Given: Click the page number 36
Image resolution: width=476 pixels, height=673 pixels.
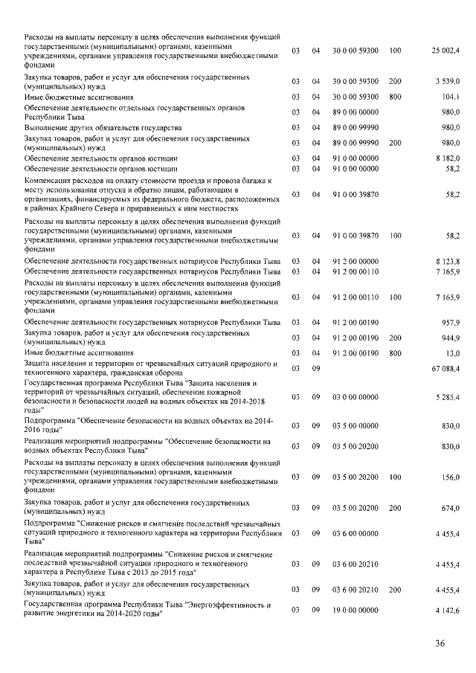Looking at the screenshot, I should (440, 643).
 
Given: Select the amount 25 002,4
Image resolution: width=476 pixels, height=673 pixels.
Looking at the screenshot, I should (446, 51).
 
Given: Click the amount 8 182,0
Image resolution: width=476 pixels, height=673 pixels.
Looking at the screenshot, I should (448, 158).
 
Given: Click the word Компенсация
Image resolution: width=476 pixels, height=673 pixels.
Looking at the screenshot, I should (48, 181).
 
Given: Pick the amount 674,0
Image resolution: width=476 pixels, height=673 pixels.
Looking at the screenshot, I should (451, 508).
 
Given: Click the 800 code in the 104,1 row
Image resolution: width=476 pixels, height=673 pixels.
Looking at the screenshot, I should (395, 97).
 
